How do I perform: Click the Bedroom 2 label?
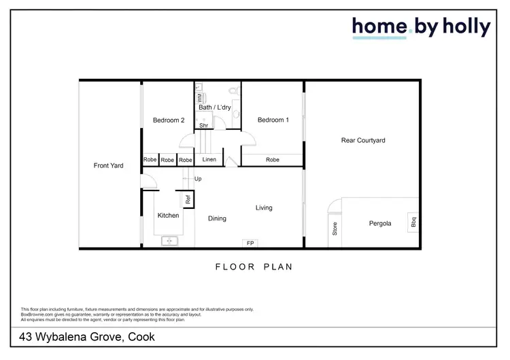[x=169, y=120]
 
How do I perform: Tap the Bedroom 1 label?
[x=273, y=120]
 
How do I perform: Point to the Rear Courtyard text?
[x=363, y=141]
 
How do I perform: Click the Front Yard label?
[x=108, y=165]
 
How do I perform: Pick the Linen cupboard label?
[x=209, y=160]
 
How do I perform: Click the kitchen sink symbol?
[x=169, y=240]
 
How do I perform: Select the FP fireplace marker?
[x=250, y=243]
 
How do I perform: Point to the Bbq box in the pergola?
[x=413, y=223]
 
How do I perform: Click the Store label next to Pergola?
[x=335, y=228]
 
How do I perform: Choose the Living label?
[x=264, y=208]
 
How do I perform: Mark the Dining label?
[x=217, y=218]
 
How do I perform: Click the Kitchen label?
[x=168, y=216]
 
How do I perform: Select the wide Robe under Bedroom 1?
[x=272, y=160]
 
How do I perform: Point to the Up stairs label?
[x=198, y=179]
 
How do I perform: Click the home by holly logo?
[x=421, y=27]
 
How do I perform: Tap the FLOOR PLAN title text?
[x=254, y=267]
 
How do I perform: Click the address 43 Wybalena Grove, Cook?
[x=88, y=337]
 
